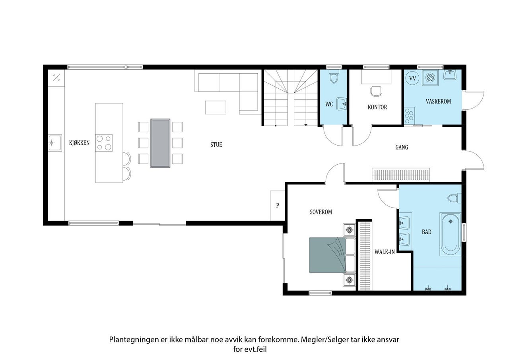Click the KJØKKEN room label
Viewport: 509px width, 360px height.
79,143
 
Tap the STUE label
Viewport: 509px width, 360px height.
216,144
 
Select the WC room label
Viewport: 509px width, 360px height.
329,104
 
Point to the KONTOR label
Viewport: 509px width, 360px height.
377,107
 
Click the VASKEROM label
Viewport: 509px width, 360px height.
438,101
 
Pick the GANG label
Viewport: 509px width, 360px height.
402,147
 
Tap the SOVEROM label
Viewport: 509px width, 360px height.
321,212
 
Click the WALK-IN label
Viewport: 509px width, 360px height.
385,252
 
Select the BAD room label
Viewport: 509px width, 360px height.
427,232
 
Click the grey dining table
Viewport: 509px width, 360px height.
160,143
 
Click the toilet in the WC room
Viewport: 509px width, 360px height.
334,76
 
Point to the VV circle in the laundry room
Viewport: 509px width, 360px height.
412,78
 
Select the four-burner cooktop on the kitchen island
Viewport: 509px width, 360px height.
104,143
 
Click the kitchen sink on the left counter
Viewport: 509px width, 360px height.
55,143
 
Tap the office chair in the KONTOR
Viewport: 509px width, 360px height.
376,91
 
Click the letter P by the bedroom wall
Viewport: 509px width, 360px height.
278,205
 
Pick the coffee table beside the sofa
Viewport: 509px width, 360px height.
216,107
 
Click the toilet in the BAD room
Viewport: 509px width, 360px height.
455,198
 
